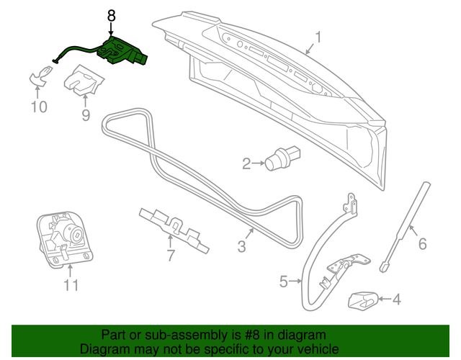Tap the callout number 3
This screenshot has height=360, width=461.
(x=241, y=247)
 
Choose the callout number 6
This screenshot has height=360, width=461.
(x=422, y=243)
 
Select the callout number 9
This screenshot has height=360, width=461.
(x=86, y=114)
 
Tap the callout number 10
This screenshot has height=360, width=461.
(x=38, y=107)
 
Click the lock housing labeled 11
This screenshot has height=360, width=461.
(x=65, y=238)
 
